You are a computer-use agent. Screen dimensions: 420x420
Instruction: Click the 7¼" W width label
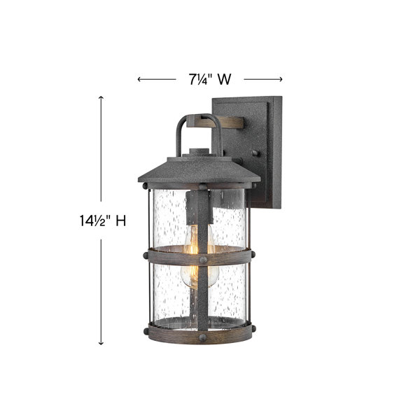210,79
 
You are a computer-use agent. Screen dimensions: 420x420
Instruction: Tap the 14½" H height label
103,220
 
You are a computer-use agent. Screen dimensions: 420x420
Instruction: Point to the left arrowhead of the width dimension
140,79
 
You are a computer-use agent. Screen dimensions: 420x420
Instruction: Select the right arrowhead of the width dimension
280,79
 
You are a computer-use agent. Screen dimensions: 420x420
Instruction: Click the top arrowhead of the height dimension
101,98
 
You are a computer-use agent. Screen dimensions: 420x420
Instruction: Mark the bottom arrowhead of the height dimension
101,342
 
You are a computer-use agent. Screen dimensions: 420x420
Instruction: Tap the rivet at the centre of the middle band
203,260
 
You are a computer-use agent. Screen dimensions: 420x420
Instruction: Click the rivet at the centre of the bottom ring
203,337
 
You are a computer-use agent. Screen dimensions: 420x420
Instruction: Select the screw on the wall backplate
255,153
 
